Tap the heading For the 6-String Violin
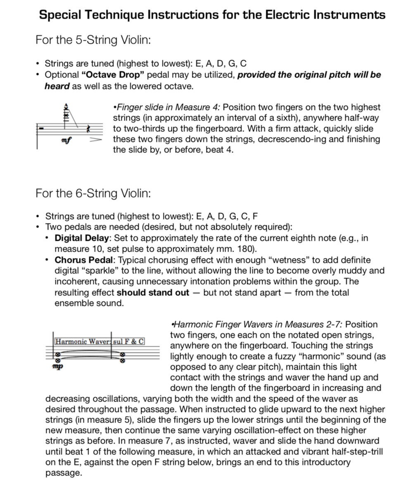click(93, 193)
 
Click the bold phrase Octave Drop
click(102, 75)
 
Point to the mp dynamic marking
click(58, 366)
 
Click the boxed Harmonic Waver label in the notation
click(83, 342)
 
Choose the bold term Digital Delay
click(83, 238)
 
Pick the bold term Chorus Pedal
click(81, 260)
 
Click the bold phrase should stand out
click(153, 292)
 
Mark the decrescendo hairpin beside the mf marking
click(95, 140)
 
